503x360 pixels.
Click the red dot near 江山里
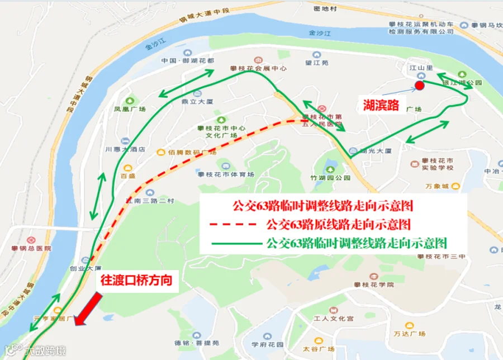[419, 86]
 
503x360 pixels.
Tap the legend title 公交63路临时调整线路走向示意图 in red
[323, 205]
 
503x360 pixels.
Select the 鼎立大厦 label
[198, 102]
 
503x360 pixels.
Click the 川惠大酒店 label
[125, 149]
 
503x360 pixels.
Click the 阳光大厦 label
[375, 151]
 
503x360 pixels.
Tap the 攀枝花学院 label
[374, 285]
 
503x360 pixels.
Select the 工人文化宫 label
[334, 318]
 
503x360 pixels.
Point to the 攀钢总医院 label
[31, 248]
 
